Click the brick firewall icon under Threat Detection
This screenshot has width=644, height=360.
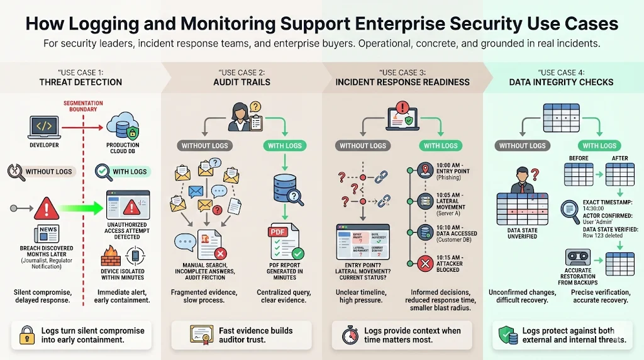(111, 257)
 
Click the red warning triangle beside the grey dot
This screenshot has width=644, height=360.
(47, 208)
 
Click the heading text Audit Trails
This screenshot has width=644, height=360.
(242, 82)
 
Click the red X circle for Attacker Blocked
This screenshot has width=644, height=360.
(426, 263)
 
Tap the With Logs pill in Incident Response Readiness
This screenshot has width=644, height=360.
(440, 145)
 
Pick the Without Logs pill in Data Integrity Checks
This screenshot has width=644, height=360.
(522, 145)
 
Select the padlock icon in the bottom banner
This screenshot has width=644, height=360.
(26, 334)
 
